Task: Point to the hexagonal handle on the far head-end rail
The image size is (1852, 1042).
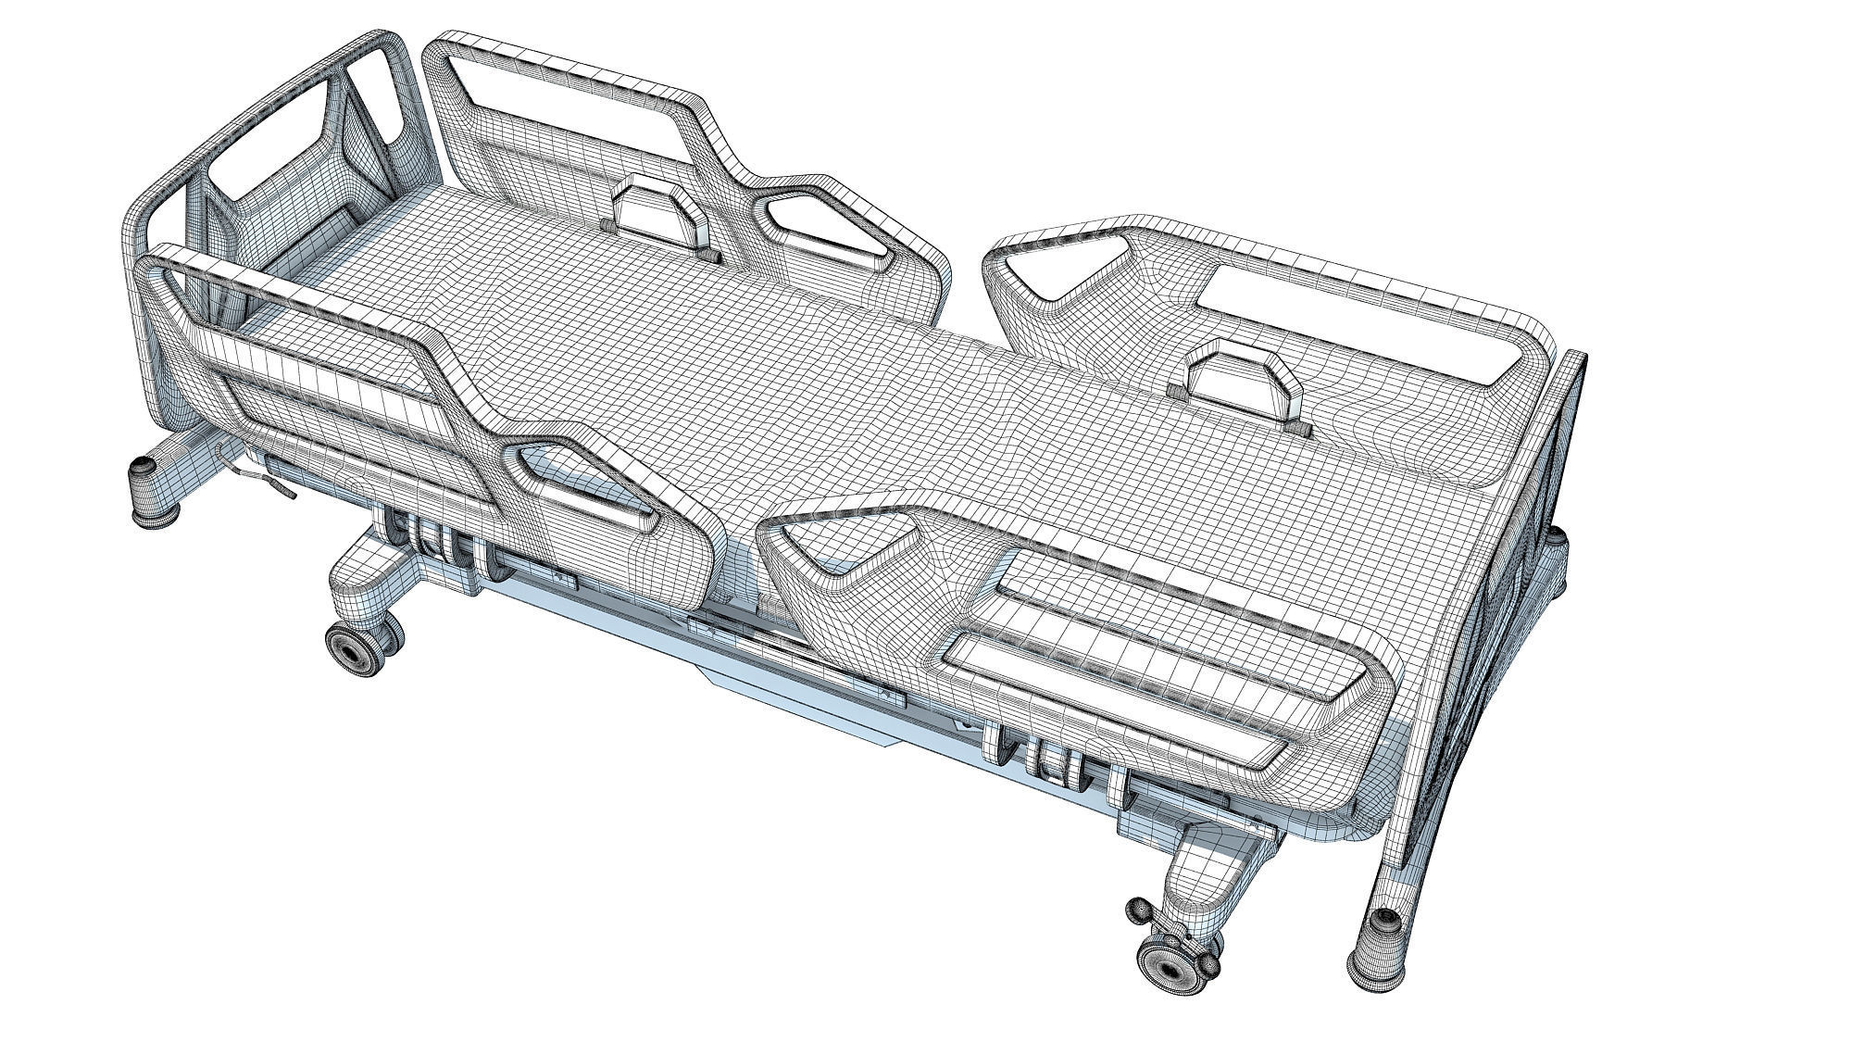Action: point(655,216)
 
